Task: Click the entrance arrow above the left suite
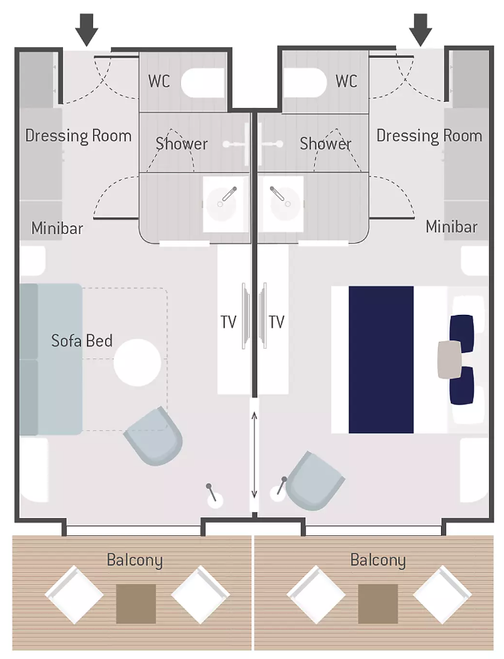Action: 86,29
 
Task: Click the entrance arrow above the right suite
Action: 420,29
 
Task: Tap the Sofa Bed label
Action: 82,340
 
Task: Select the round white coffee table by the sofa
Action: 137,363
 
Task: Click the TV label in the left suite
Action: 228,322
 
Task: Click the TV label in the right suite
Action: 277,322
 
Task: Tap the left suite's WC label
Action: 159,81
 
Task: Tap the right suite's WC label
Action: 346,81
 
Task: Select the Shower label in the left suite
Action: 181,144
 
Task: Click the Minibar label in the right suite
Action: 451,227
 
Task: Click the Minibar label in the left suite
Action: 57,228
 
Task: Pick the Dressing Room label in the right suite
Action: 429,136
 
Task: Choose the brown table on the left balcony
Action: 136,604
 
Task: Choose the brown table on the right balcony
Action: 378,604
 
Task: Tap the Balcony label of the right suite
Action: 378,561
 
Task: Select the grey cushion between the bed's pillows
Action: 449,359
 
